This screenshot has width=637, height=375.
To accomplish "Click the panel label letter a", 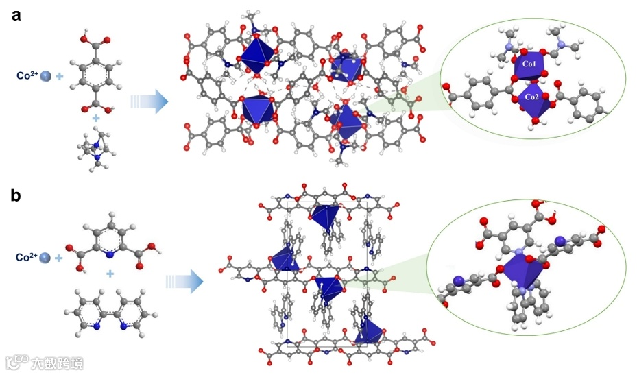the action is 16,14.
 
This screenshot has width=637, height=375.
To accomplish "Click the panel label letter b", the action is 16,196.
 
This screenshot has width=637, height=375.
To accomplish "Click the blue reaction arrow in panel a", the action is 149,103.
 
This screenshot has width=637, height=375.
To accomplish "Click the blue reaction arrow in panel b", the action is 184,281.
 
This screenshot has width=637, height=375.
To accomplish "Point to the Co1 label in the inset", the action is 529,64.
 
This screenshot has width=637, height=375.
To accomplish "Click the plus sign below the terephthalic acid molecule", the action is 96,119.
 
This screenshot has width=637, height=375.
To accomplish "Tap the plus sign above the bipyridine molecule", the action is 110,274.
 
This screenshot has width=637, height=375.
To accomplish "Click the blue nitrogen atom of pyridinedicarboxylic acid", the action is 109,254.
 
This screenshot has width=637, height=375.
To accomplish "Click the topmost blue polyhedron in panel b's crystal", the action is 323,215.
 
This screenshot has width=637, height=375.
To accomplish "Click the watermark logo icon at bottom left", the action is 20,361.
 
